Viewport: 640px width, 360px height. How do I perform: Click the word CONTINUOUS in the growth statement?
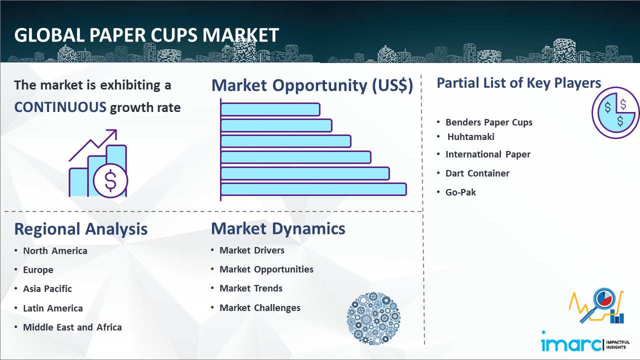coord(60,107)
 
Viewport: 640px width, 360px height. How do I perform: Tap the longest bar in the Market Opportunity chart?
coord(313,189)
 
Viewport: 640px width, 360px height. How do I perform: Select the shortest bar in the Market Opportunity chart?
coord(270,109)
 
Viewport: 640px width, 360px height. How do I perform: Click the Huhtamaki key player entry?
coord(471,137)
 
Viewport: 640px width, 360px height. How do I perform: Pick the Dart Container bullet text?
coord(477,173)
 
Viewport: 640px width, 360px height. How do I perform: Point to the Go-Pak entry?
coord(460,192)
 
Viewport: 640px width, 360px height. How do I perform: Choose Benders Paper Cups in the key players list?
coord(489,122)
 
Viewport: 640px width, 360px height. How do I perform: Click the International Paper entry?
coord(487,154)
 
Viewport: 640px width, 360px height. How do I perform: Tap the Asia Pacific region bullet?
coord(47,289)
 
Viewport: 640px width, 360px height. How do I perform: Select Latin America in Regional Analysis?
coord(53,308)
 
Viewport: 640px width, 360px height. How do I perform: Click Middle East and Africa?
coord(72,327)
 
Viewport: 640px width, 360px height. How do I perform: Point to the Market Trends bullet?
coord(251,288)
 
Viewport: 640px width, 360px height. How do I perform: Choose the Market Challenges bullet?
coord(260,307)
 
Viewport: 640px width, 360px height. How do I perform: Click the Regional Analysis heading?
coord(81,229)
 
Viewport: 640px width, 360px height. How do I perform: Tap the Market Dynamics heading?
coord(278,228)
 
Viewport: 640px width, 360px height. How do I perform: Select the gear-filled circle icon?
coord(373,318)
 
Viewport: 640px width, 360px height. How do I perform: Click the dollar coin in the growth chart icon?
coord(110,181)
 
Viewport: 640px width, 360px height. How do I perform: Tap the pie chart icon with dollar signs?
coord(615,113)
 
